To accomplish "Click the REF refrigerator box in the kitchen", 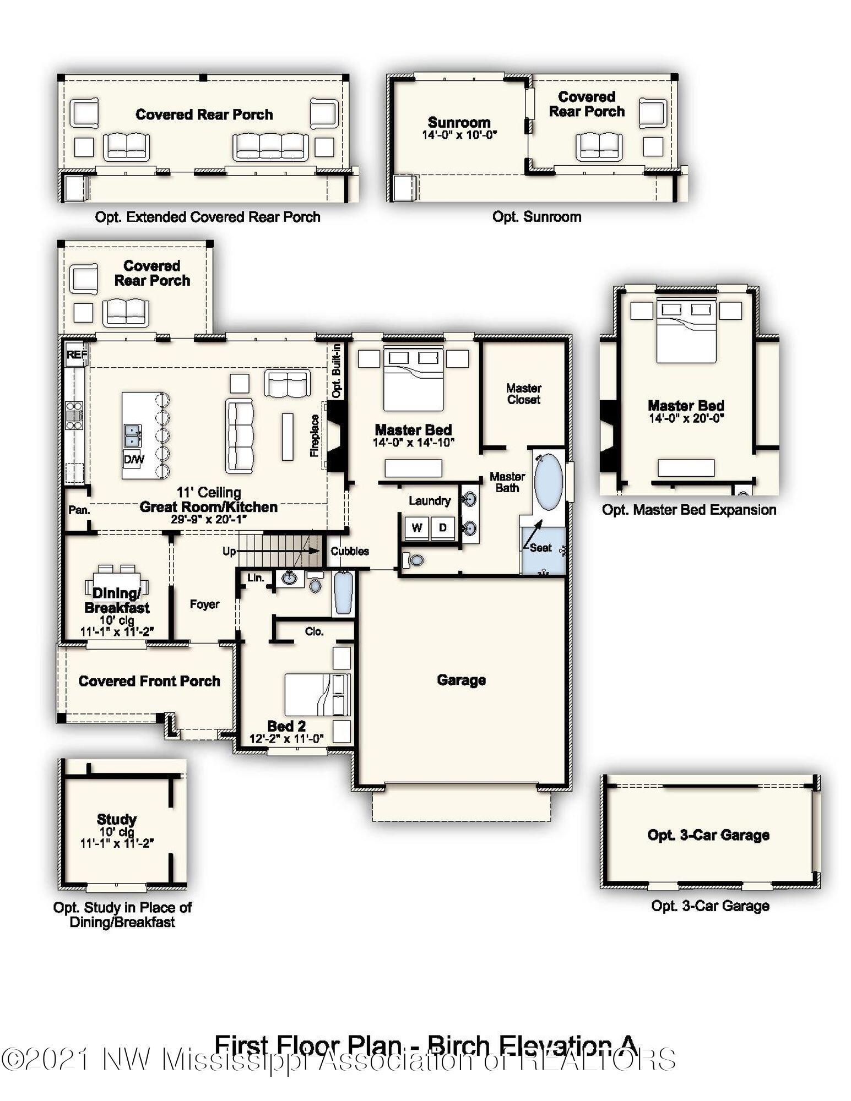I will [76, 355].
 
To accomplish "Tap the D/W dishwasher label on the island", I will [133, 459].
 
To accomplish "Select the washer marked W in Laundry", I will [417, 527].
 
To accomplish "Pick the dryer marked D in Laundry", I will [442, 527].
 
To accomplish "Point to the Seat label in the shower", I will [541, 548].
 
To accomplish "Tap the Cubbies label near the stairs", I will [349, 551].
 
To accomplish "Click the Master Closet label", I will [523, 394].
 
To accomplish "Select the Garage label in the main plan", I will [461, 680].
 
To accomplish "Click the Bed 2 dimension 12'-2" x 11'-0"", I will [286, 739].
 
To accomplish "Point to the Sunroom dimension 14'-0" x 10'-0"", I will [459, 135].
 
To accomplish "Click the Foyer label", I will [204, 604].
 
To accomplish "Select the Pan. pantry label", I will [79, 510].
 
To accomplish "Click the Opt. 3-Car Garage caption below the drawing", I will [710, 906].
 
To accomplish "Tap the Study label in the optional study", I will [116, 819].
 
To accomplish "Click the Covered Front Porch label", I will [149, 681].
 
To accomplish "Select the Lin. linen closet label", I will [256, 578].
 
